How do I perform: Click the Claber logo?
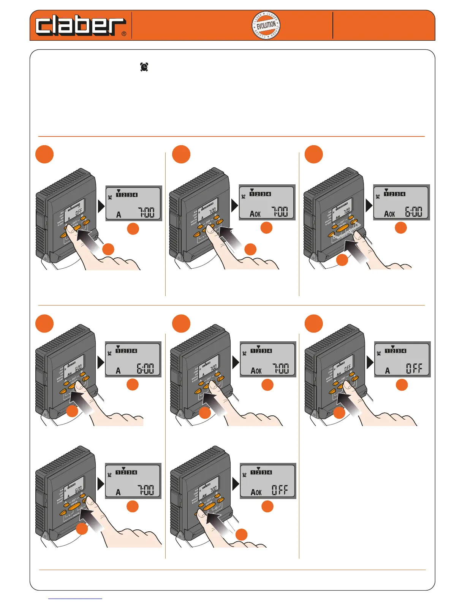tap(80, 26)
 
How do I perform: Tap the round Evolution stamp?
tap(266, 26)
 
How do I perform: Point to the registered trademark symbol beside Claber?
tap(124, 34)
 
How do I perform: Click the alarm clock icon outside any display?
tap(144, 67)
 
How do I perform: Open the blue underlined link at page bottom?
tap(75, 598)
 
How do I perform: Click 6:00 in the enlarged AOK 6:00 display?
tap(413, 212)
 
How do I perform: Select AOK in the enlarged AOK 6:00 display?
tap(389, 214)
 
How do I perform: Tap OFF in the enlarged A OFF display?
tap(414, 368)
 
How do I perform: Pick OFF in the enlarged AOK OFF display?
tap(280, 490)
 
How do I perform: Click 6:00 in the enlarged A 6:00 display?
tap(145, 368)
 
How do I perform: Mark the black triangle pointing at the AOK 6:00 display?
tap(369, 206)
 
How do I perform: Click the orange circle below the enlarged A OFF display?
tap(402, 385)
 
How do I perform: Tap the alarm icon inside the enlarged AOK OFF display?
tap(244, 475)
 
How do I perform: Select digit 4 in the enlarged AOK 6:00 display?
tap(403, 194)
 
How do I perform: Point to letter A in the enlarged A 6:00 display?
tap(118, 371)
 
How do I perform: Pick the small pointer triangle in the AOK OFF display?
tap(258, 469)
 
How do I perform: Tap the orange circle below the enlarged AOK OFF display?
tap(267, 506)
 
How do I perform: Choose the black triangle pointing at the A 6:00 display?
tap(101, 362)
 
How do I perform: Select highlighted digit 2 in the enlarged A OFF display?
tap(392, 351)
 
